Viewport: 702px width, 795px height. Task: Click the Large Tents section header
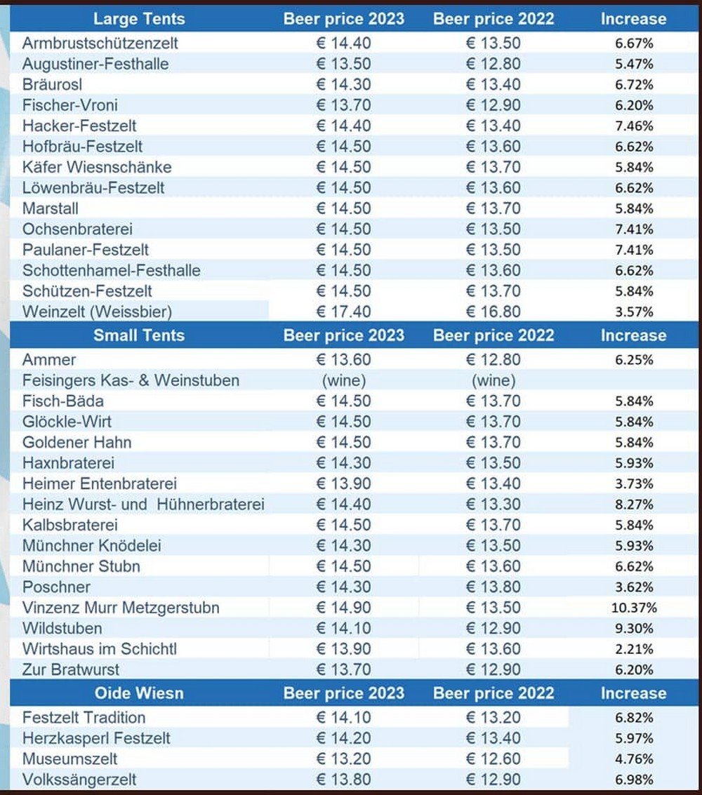coord(138,19)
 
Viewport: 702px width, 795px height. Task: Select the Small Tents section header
coord(138,335)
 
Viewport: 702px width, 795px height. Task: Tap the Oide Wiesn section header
coord(138,693)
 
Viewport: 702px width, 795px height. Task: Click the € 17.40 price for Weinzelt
coord(343,312)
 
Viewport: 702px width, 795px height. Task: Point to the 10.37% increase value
coord(633,608)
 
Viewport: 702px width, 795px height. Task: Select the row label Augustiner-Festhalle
coord(95,64)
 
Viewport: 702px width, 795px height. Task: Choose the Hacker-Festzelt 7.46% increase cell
coord(633,126)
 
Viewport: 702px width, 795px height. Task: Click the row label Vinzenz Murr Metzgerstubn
coord(121,608)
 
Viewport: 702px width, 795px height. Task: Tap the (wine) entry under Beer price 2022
coord(493,380)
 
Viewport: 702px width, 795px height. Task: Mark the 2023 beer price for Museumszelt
coord(343,759)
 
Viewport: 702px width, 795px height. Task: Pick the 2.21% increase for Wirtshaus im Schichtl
coord(633,649)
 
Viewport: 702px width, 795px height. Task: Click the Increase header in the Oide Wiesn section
coord(633,693)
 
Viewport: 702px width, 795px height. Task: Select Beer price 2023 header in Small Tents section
coord(343,335)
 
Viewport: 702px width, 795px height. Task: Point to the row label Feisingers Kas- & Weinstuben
coord(131,380)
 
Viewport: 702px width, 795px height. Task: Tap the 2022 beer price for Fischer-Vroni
coord(493,105)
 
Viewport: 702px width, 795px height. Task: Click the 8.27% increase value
coord(633,505)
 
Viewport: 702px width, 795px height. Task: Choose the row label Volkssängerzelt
coord(79,780)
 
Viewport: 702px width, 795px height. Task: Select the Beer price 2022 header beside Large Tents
coord(493,19)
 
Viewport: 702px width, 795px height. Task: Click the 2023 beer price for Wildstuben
coord(343,628)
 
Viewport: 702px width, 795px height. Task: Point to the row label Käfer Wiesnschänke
coord(97,167)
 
